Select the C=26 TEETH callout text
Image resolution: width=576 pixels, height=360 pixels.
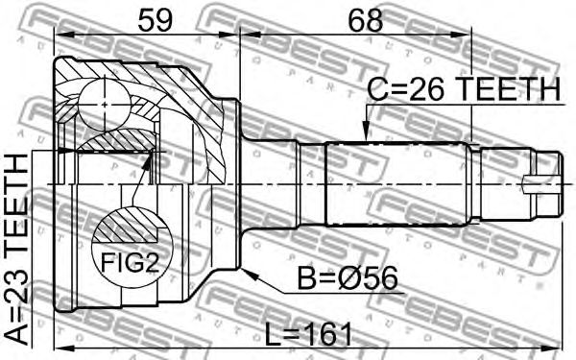pyautogui.click(x=464, y=89)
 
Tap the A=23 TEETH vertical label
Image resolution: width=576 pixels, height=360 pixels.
pyautogui.click(x=17, y=250)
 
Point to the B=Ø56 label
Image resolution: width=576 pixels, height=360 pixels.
pyautogui.click(x=348, y=278)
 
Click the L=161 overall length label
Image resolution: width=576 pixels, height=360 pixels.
pyautogui.click(x=308, y=334)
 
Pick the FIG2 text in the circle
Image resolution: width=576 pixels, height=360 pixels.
pyautogui.click(x=130, y=262)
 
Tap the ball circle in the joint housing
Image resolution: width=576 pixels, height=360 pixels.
pyautogui.click(x=105, y=105)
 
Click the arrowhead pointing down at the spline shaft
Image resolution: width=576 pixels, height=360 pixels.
pyautogui.click(x=365, y=133)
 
